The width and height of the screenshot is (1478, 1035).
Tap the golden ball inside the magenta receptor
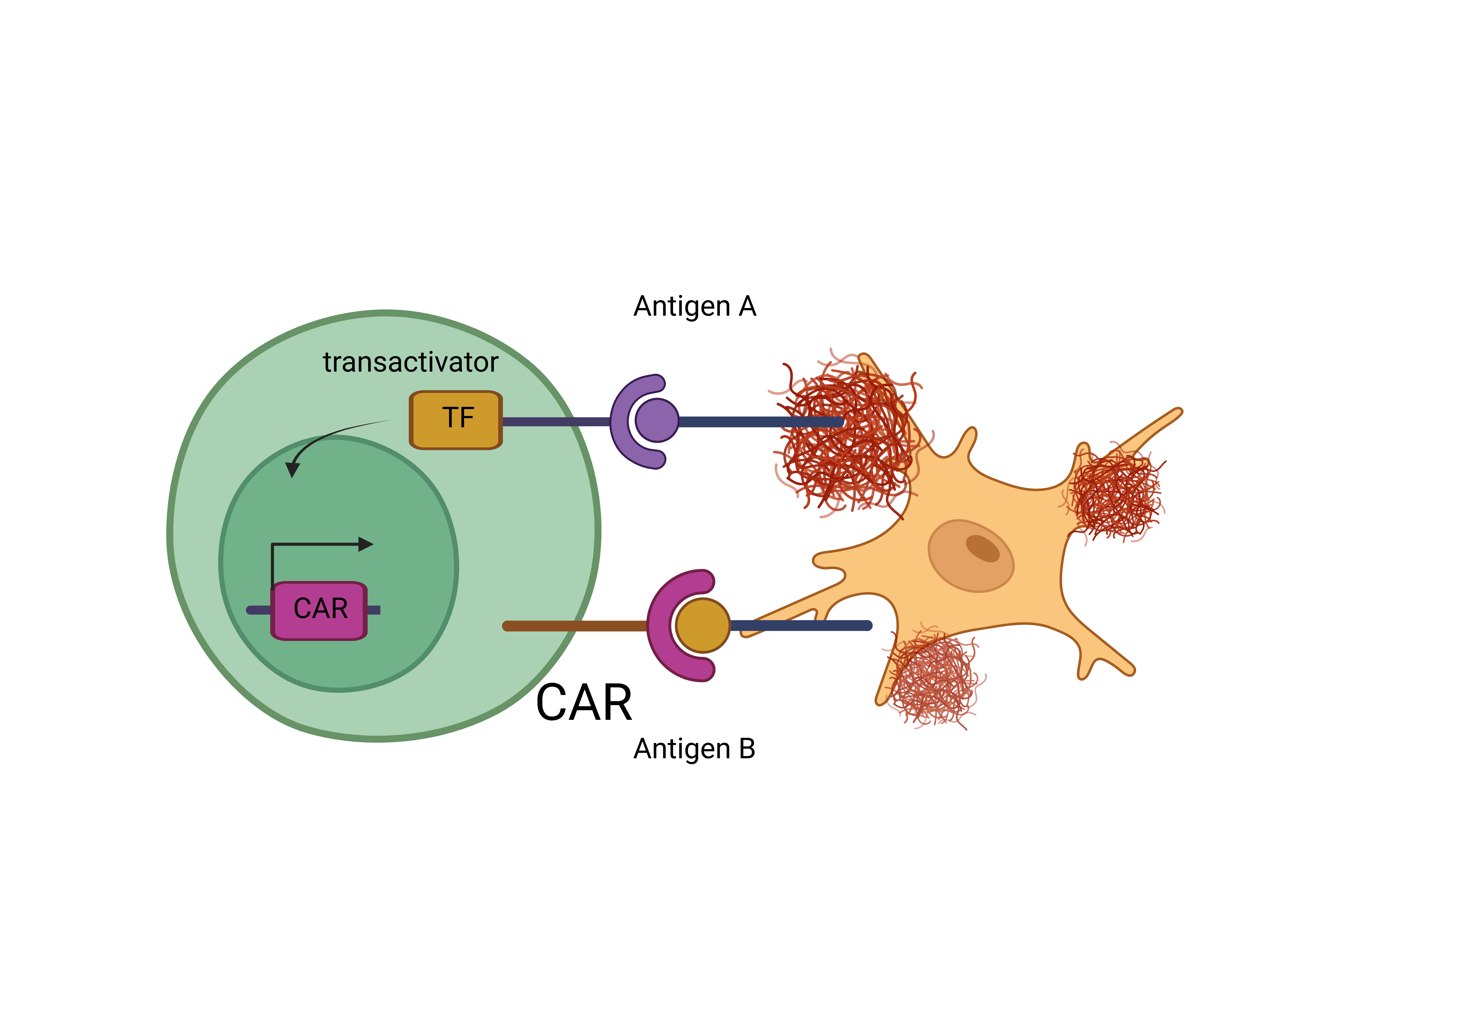[702, 625]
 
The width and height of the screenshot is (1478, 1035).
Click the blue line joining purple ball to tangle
[760, 422]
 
